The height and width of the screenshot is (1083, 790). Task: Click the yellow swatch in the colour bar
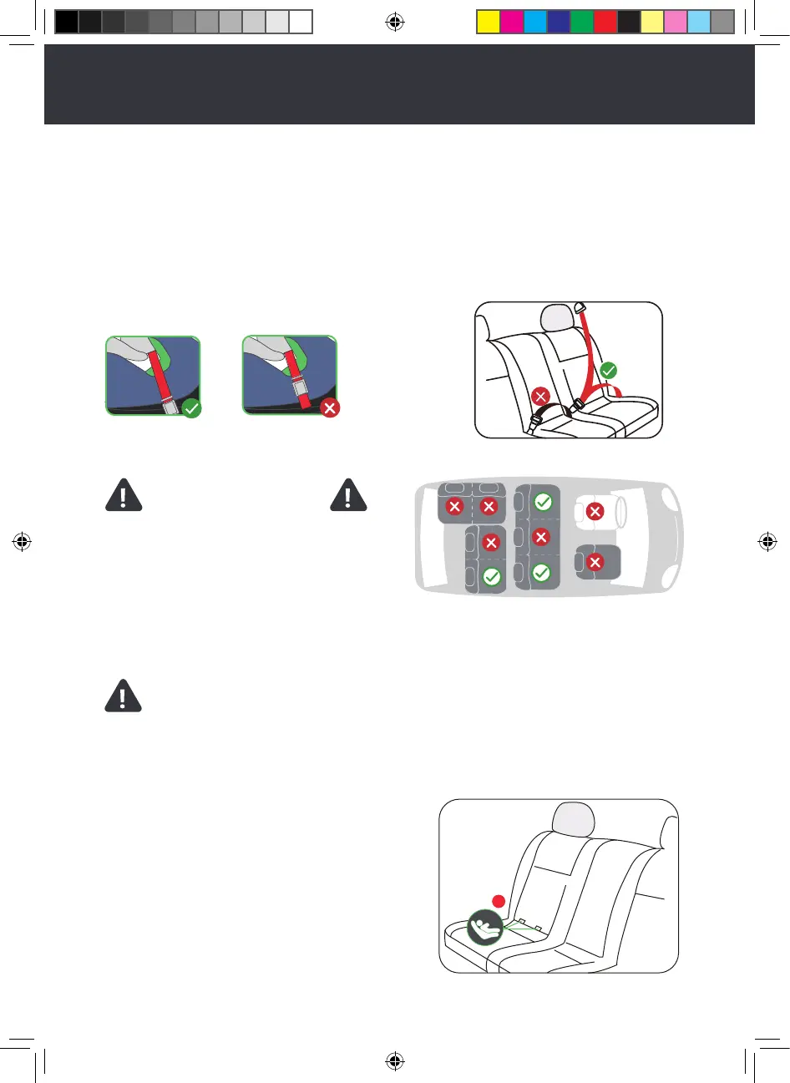[x=489, y=22]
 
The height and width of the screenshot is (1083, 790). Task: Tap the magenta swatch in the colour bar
[x=512, y=22]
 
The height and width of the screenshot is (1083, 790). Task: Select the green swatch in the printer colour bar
[x=582, y=22]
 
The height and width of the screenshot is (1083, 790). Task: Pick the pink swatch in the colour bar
[x=676, y=22]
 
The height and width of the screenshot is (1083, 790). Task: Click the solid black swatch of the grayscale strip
[x=67, y=22]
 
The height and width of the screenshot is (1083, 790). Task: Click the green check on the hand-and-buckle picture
[x=192, y=408]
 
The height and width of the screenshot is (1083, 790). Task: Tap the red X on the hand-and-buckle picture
[x=331, y=408]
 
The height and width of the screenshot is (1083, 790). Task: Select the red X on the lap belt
[x=540, y=397]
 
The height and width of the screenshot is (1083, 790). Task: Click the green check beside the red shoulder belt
[x=609, y=370]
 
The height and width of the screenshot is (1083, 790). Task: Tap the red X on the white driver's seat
[x=595, y=511]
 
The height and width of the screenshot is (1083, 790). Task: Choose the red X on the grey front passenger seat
[x=595, y=563]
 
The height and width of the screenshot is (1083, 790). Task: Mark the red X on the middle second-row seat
[x=541, y=537]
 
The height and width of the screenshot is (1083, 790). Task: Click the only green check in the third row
[x=492, y=576]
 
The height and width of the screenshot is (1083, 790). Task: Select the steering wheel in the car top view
[x=620, y=511]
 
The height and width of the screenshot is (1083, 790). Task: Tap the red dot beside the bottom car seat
[x=498, y=901]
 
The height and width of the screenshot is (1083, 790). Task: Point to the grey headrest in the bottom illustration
[x=571, y=818]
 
